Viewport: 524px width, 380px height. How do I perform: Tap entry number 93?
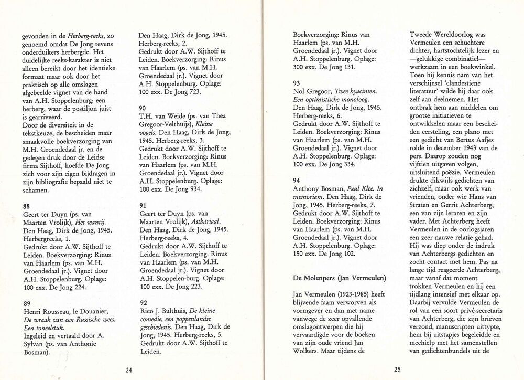click(x=297, y=82)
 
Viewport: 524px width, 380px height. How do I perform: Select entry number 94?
click(x=297, y=180)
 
